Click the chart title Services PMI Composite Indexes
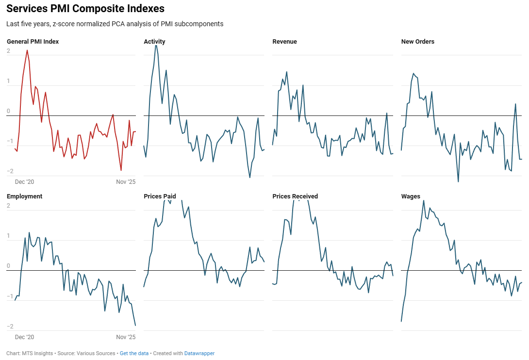click(85, 9)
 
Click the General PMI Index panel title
click(33, 42)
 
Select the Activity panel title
click(154, 42)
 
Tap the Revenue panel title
click(284, 42)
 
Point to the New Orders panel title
click(417, 42)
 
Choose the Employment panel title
click(24, 196)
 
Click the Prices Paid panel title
click(160, 196)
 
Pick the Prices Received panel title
click(295, 196)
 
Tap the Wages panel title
click(411, 196)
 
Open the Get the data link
click(134, 354)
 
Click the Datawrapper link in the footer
click(199, 354)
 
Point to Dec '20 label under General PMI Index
click(24, 182)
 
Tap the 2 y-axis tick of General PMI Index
click(8, 51)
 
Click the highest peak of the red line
click(27, 50)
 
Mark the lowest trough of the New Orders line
click(458, 181)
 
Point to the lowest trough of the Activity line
click(250, 178)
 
